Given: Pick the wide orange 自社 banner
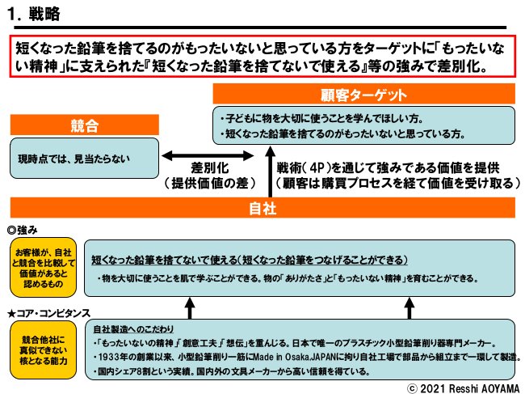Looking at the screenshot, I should point(262,209).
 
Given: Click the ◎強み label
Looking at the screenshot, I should point(22,230).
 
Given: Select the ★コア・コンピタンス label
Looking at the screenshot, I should point(48,312).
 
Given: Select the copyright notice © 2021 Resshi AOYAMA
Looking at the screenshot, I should point(461,387).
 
